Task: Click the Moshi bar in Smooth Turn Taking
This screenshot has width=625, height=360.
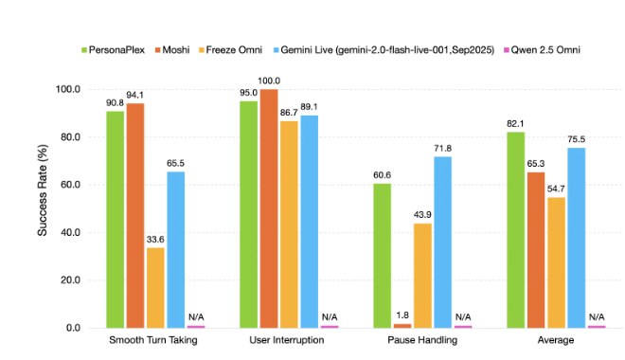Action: (x=135, y=215)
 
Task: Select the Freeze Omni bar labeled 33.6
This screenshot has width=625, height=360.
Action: (x=155, y=287)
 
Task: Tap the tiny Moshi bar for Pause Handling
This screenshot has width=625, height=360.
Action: (x=402, y=326)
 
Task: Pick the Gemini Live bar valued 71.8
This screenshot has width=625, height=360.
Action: (x=443, y=242)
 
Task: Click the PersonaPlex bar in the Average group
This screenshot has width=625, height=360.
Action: (x=516, y=229)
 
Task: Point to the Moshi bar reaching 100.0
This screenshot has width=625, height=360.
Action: (x=269, y=208)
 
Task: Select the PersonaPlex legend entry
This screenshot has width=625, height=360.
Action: (x=113, y=50)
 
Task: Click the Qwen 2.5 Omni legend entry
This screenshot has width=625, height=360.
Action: (x=542, y=50)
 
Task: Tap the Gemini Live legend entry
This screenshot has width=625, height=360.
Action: (x=384, y=50)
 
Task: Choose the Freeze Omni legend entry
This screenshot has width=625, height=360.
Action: (x=230, y=50)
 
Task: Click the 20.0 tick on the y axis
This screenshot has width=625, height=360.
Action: (x=70, y=279)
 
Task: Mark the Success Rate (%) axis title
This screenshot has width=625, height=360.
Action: (x=43, y=189)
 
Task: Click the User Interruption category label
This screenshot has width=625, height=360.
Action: (x=287, y=340)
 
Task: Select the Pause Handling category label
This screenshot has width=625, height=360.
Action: (x=422, y=340)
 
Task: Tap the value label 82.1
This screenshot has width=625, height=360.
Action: (x=515, y=123)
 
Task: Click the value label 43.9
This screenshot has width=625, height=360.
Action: (x=422, y=215)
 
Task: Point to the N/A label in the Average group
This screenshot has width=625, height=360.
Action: (x=597, y=317)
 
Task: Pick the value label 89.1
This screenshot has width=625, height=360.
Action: (x=310, y=107)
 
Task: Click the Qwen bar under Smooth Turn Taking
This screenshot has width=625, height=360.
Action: (x=196, y=327)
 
